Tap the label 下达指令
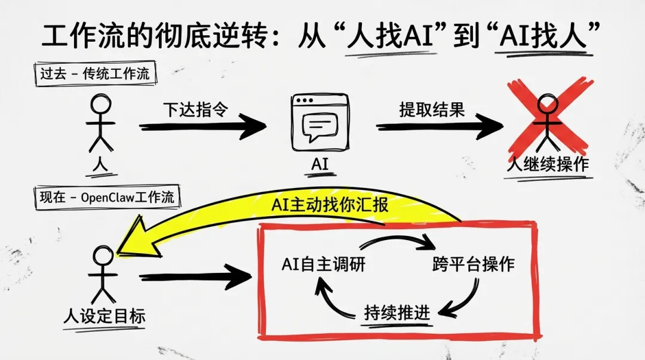(195, 110)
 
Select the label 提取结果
(432, 110)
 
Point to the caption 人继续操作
(547, 164)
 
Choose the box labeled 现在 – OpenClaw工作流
(105, 198)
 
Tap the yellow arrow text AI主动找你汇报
(330, 205)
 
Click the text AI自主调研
(323, 264)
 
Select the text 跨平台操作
(473, 264)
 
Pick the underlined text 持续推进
(397, 313)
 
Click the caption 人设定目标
(105, 316)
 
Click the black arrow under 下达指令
(203, 126)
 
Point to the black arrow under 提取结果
(439, 126)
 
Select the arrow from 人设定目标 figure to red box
(194, 277)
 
